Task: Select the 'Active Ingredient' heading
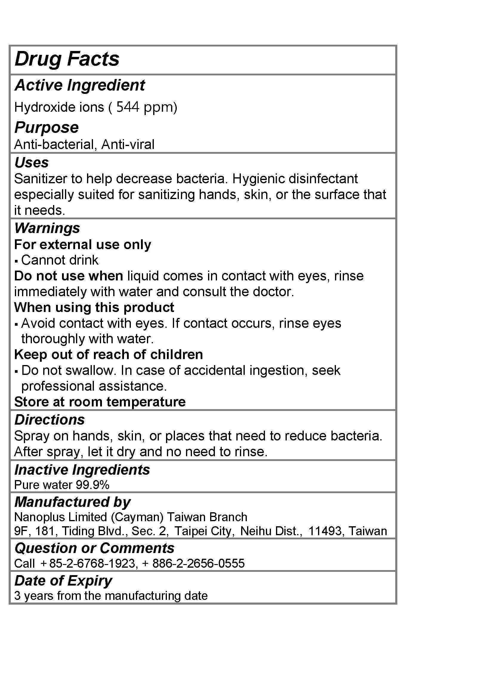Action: pyautogui.click(x=80, y=85)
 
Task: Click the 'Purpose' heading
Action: pyautogui.click(x=46, y=127)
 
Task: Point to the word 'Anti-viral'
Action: pyautogui.click(x=128, y=145)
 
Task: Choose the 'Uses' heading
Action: pyautogui.click(x=32, y=162)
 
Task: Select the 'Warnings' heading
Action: pyautogui.click(x=47, y=228)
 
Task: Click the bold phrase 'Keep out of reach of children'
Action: pyautogui.click(x=108, y=354)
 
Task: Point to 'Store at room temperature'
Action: pyautogui.click(x=100, y=402)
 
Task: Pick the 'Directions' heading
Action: pyautogui.click(x=49, y=420)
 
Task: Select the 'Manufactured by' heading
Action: pyautogui.click(x=72, y=502)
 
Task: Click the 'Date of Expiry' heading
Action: pyautogui.click(x=63, y=581)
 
